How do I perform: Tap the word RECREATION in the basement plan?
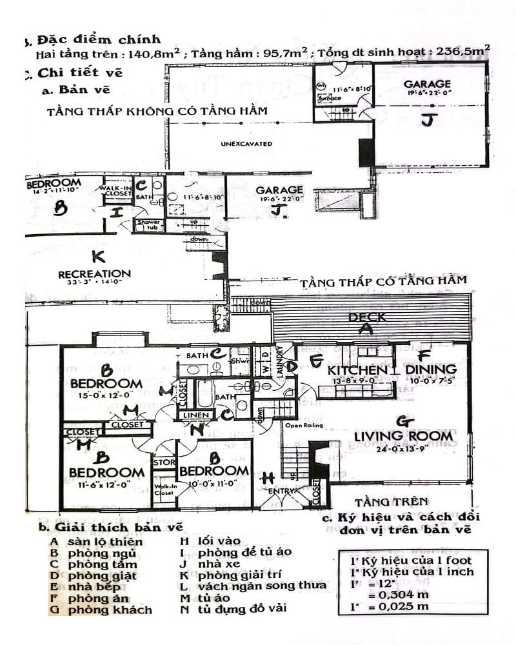pos(94,273)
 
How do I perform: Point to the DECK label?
pos(367,317)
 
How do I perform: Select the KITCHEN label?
pos(357,370)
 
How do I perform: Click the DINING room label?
pos(430,370)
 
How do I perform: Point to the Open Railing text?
pos(303,426)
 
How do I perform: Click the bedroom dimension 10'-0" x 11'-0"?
pos(213,482)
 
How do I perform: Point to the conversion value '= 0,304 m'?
pos(397,595)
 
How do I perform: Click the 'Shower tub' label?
pos(148,224)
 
